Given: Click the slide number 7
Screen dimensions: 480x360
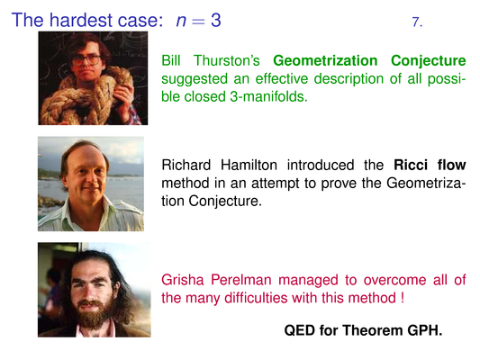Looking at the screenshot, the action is (x=417, y=22).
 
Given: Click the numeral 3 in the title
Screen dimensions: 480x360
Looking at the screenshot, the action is (x=215, y=20).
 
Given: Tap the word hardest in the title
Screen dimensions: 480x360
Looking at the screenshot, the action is (x=81, y=20).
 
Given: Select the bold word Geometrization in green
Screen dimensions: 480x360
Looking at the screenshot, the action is (x=325, y=60).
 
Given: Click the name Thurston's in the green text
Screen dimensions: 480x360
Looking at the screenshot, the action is (x=227, y=60).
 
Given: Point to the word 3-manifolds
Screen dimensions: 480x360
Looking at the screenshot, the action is (x=268, y=96).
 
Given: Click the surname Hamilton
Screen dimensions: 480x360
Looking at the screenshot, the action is (x=249, y=166).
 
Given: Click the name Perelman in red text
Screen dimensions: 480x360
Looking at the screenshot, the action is (x=241, y=280).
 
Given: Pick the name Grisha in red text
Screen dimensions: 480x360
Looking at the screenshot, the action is (x=183, y=280).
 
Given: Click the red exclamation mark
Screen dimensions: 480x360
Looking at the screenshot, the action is (x=402, y=298).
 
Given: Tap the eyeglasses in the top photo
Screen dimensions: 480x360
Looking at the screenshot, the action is (x=86, y=59).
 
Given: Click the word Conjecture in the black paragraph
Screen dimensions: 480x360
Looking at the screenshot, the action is (x=225, y=202).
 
